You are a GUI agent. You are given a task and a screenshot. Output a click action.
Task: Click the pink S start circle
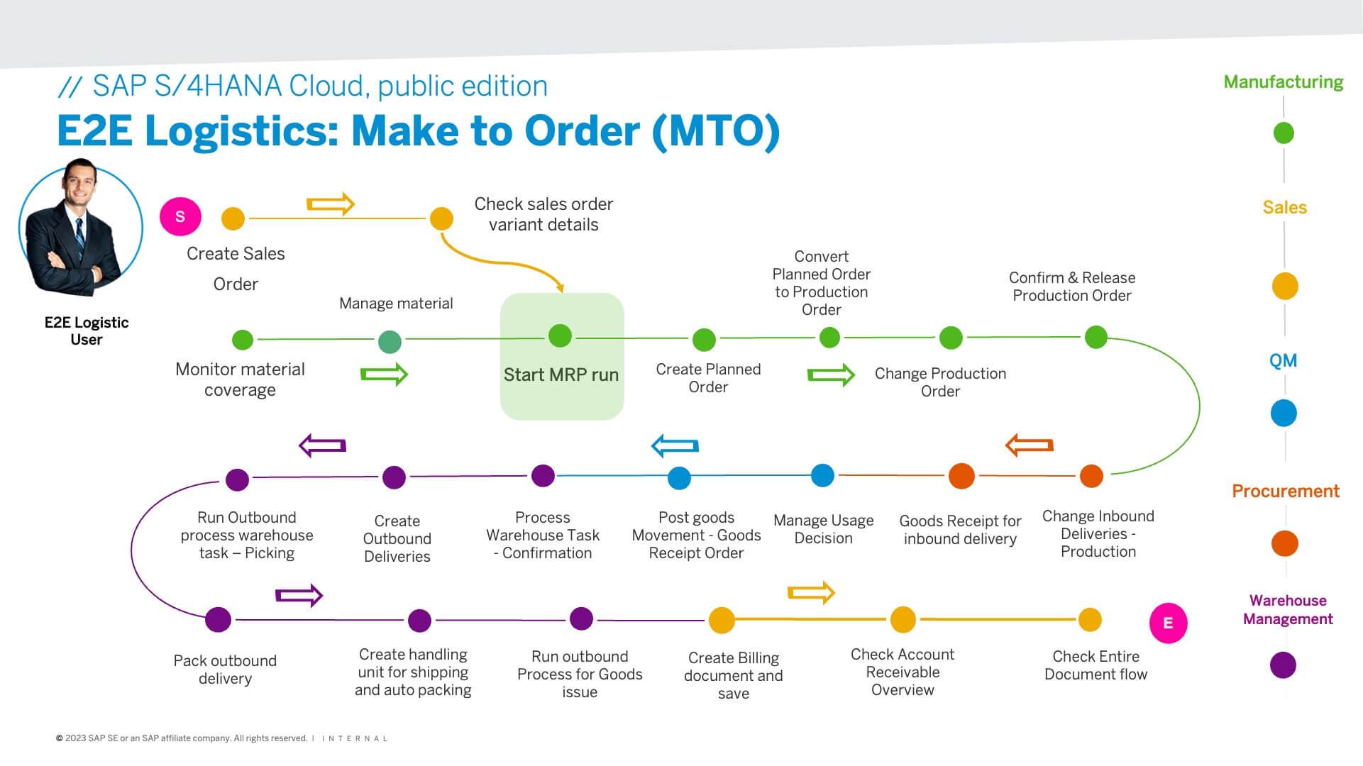[x=180, y=216]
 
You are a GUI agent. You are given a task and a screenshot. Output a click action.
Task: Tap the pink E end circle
[x=1168, y=623]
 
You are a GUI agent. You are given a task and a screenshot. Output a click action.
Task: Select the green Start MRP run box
[x=561, y=356]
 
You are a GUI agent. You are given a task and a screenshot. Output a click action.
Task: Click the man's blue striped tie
[x=79, y=238]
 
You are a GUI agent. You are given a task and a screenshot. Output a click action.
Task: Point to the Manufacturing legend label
[x=1283, y=82]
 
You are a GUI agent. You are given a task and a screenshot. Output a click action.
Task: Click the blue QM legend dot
[x=1284, y=413]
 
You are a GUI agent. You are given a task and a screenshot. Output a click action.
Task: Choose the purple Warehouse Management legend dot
[x=1283, y=665]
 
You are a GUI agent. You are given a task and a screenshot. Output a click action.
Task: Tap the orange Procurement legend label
[x=1285, y=491]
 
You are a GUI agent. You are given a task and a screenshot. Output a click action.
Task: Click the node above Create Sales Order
[x=233, y=218]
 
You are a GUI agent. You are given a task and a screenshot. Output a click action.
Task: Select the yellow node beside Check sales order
[x=441, y=218]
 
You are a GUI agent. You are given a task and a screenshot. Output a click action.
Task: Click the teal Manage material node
[x=390, y=342]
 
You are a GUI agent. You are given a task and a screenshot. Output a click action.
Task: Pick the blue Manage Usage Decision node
[x=822, y=475]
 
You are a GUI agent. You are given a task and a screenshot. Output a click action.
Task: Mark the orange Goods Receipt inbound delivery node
[x=961, y=476]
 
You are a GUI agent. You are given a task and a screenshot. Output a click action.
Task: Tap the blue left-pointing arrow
[x=675, y=445]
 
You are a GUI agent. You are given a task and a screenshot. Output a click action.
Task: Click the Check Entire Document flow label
[x=1096, y=665]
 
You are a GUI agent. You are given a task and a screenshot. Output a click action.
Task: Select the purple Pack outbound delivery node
[x=218, y=619]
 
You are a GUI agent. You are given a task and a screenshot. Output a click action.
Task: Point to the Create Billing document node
[x=722, y=620]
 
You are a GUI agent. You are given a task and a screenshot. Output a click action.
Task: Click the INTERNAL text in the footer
[x=355, y=738]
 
